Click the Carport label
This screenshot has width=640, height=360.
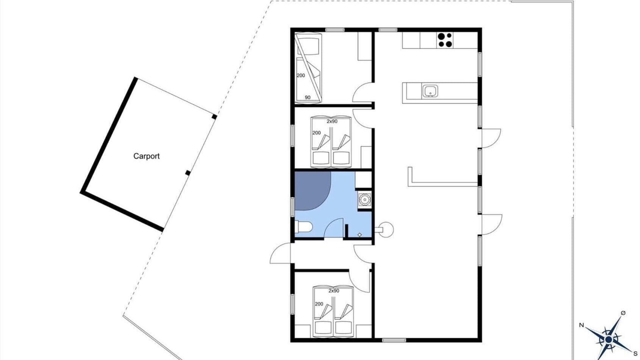[x=146, y=156]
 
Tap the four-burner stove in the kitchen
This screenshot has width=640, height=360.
[x=445, y=40]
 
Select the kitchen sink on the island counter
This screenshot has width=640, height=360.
[x=429, y=91]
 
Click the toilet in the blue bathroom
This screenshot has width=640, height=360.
[x=303, y=227]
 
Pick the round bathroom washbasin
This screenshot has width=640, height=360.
[x=364, y=199]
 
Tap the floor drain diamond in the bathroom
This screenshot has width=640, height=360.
[x=359, y=235]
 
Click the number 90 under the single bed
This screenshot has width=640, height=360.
[x=307, y=97]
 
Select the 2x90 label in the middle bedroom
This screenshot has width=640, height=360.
[x=332, y=121]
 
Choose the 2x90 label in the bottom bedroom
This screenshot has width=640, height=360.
[x=333, y=291]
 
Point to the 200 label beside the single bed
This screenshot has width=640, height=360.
[x=301, y=75]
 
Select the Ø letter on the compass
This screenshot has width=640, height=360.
[x=623, y=313]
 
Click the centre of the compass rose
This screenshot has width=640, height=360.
[x=608, y=339]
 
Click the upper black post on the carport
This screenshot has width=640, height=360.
[x=214, y=116]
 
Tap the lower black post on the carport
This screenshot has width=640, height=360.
[x=187, y=173]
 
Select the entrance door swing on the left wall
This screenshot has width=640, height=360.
[x=280, y=253]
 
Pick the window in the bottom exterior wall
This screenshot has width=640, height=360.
[x=394, y=340]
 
